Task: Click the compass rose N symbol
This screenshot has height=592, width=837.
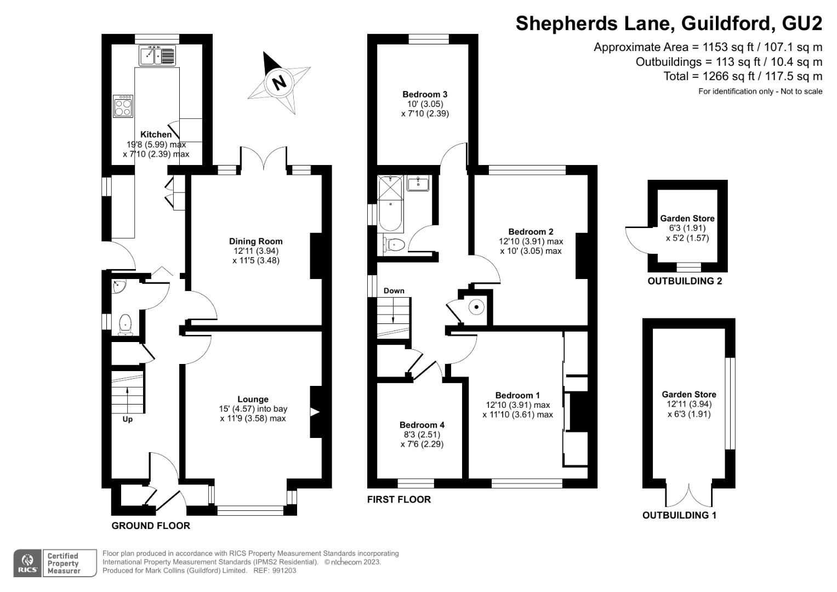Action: (x=280, y=83)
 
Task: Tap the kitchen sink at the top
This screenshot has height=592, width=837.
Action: (x=157, y=55)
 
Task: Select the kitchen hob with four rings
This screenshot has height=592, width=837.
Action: (x=123, y=106)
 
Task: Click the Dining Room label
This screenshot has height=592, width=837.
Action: (x=255, y=241)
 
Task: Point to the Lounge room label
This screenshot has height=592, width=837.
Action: (x=253, y=399)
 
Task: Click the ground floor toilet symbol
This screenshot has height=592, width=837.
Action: (x=126, y=324)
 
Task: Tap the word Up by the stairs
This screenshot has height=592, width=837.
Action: (x=127, y=419)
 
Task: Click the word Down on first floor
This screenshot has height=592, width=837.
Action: (x=394, y=291)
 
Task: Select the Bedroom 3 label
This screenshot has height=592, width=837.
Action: (x=425, y=94)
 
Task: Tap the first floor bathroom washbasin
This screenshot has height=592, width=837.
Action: (x=419, y=183)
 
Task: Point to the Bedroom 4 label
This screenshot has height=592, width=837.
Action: (x=422, y=425)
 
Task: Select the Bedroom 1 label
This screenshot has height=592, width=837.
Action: (x=517, y=395)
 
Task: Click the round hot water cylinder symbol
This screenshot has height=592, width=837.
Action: (x=476, y=307)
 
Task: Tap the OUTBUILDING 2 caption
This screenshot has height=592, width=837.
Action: (x=685, y=281)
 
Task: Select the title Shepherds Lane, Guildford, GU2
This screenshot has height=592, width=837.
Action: (x=669, y=23)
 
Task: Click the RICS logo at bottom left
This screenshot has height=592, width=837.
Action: (x=27, y=563)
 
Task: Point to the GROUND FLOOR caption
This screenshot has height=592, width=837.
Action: (x=151, y=526)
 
